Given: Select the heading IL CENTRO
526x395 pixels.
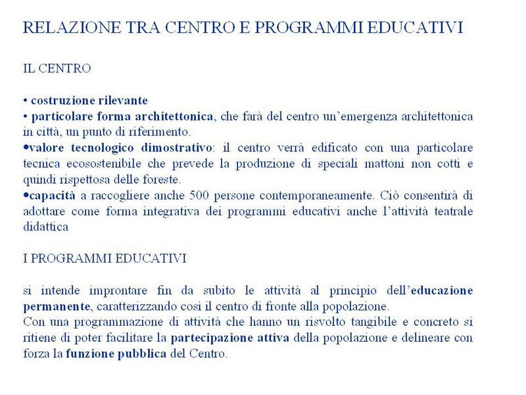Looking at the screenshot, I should click(57, 68).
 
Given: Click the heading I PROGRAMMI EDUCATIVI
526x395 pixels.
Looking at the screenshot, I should click(105, 259).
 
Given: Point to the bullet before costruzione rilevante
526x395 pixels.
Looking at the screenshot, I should click(25, 101).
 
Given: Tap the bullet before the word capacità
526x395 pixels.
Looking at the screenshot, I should click(25, 196).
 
